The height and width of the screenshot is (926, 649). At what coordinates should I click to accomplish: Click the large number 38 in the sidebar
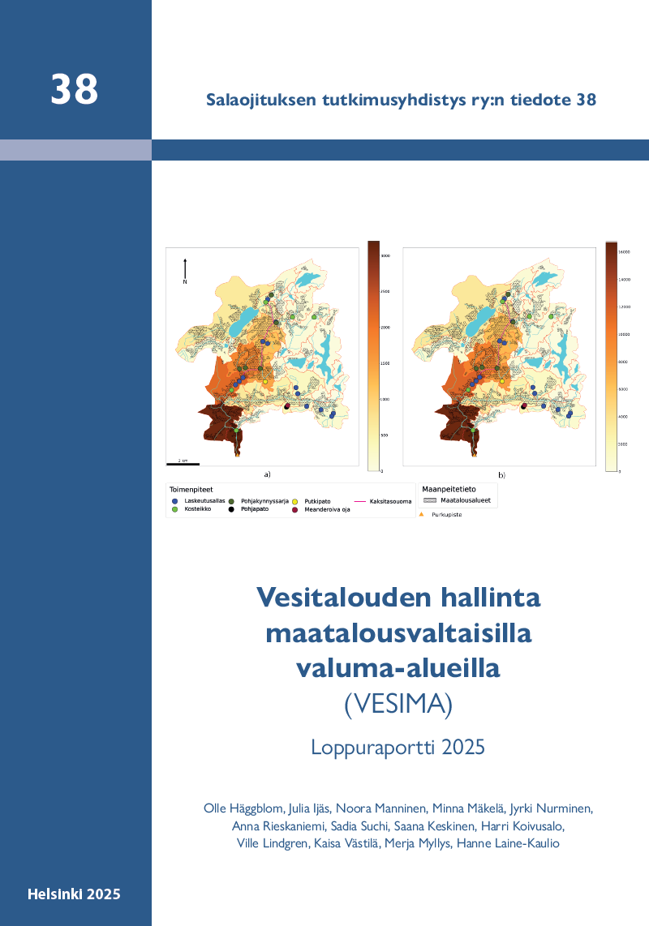(74, 89)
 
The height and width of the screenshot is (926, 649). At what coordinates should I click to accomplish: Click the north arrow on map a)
(186, 268)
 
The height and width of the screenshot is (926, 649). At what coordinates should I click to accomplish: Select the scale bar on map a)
(183, 463)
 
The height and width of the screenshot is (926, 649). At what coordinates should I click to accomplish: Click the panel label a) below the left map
(267, 474)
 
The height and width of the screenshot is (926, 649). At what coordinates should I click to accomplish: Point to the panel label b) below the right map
(502, 474)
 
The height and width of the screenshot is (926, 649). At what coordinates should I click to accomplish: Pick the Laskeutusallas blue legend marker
(175, 501)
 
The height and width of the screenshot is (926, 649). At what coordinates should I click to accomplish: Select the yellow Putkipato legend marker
(294, 501)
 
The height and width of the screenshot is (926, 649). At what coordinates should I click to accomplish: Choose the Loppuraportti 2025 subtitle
(398, 746)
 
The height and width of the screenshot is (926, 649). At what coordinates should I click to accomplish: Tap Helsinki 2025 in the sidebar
(74, 894)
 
